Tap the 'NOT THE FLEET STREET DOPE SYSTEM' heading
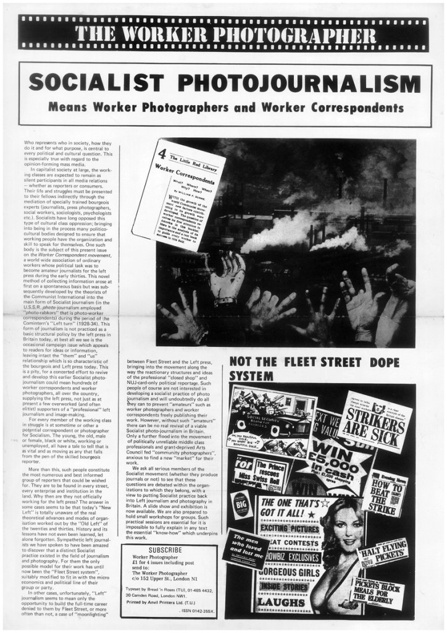[x=315, y=368]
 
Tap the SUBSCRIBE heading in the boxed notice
[x=165, y=550]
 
